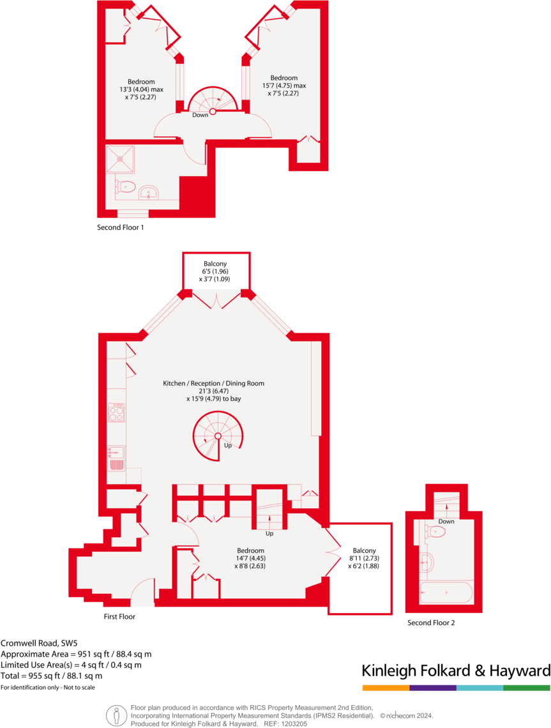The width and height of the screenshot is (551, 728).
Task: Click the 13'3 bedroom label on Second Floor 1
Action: [x=141, y=89]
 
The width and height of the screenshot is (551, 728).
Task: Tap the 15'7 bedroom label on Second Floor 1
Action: [x=283, y=86]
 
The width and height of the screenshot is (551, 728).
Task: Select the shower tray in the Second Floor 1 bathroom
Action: [x=121, y=158]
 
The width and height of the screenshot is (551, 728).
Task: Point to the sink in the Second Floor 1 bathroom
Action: [x=149, y=192]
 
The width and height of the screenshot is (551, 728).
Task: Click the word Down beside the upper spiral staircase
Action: [x=200, y=115]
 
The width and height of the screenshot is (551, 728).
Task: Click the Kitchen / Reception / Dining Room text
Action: [x=213, y=383]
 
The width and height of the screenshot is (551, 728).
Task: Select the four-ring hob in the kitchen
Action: [x=116, y=413]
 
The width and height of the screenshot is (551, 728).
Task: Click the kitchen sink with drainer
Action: [x=116, y=458]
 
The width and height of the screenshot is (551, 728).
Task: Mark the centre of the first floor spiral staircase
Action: [x=218, y=436]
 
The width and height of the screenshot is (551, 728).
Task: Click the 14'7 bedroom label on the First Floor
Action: [x=250, y=558]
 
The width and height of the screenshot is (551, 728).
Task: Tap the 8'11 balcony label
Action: [x=361, y=558]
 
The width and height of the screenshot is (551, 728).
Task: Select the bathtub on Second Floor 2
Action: [x=446, y=593]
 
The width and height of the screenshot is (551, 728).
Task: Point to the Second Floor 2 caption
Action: [x=432, y=623]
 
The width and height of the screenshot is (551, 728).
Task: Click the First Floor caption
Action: [x=119, y=617]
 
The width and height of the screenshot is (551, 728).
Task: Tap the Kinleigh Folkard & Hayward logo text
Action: [x=455, y=671]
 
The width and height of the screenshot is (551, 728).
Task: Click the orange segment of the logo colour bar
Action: [x=386, y=688]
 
